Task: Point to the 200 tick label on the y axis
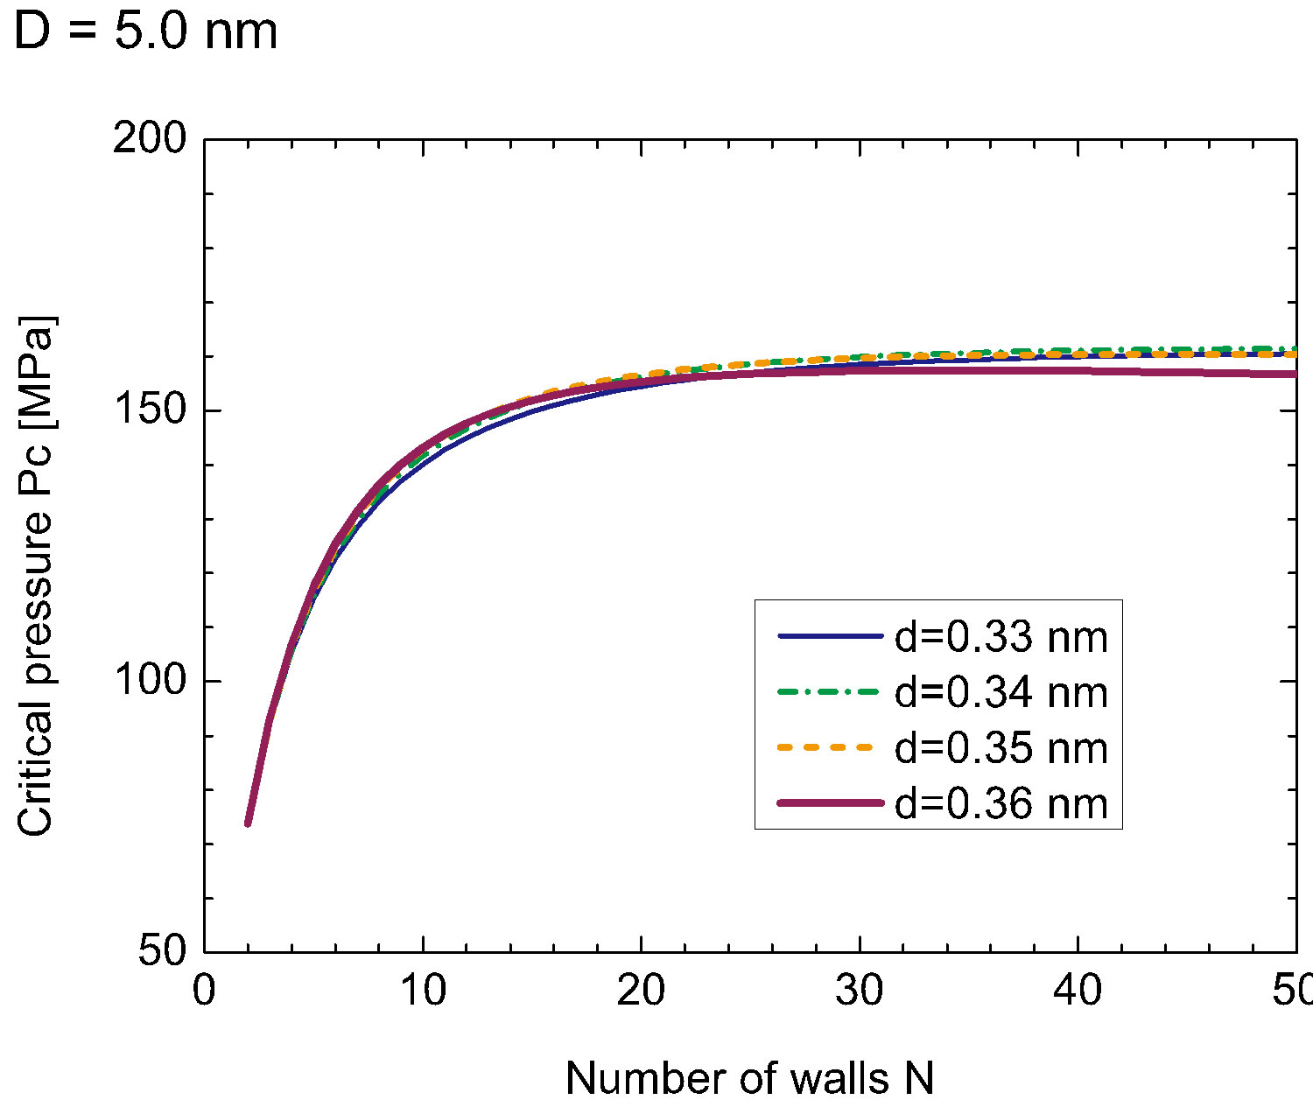[150, 140]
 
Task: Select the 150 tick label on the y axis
[150, 410]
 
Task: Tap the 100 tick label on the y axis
[150, 681]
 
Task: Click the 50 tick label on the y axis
[164, 951]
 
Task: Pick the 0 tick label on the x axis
[204, 992]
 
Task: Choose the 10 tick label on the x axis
[423, 992]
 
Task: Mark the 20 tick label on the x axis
[642, 992]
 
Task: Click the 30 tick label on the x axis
[860, 992]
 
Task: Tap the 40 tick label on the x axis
[1078, 992]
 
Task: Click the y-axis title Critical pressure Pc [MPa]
[37, 576]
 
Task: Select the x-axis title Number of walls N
[749, 1078]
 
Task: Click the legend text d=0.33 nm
[1001, 637]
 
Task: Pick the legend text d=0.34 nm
[1001, 692]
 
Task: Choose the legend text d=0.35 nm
[1001, 747]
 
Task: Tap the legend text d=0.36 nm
[1001, 802]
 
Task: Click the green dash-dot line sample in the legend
[829, 692]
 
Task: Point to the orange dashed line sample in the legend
[829, 747]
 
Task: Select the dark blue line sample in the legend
[829, 637]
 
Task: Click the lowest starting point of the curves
[248, 823]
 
